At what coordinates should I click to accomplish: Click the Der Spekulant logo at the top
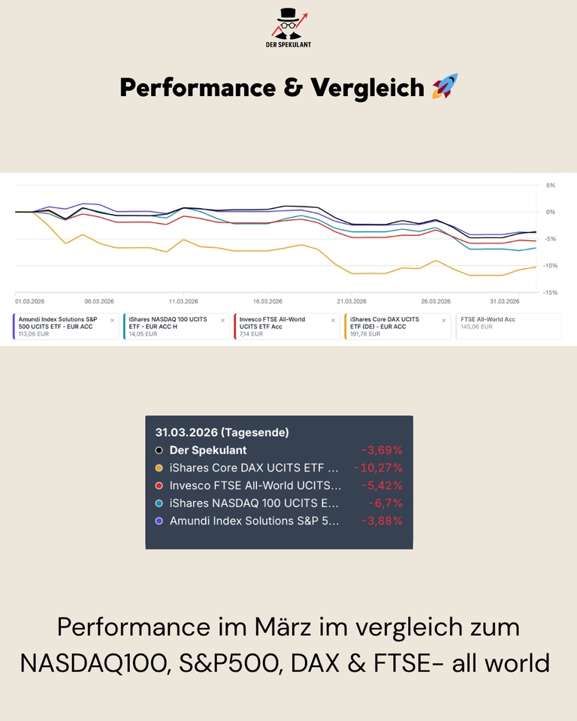[288, 28]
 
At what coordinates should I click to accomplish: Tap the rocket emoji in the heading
[445, 87]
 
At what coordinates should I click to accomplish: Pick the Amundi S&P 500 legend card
[65, 327]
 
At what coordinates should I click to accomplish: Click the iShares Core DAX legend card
[397, 327]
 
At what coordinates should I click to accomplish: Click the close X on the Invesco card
[333, 320]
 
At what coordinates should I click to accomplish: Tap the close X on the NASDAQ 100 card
[222, 320]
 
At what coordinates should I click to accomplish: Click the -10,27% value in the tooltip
[378, 468]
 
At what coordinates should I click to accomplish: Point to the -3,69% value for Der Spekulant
[382, 451]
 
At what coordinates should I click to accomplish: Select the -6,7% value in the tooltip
[385, 503]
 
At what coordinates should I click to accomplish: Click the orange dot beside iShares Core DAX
[159, 468]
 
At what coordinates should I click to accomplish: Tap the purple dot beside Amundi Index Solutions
[159, 520]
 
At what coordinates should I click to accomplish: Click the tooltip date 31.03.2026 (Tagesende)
[222, 433]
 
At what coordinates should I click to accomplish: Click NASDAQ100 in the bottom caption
[94, 663]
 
